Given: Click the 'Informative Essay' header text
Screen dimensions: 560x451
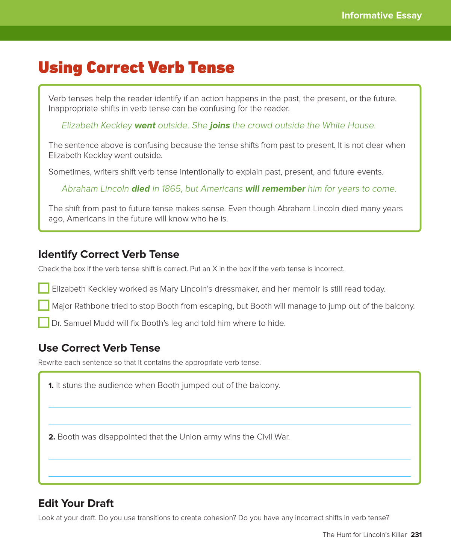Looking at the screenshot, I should point(381,15).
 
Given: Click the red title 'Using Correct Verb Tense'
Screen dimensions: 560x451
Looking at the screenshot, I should point(136,68).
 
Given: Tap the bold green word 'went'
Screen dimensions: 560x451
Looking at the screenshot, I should point(145,125).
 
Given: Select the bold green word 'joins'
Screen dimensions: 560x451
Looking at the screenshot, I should point(220,125).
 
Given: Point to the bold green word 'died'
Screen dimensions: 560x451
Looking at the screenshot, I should point(141,189).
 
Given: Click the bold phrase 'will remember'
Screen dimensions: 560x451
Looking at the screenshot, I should point(275,189).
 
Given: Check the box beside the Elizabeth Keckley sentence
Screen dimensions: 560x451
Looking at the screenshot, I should point(44,288).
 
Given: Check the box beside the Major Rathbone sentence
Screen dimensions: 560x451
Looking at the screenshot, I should point(44,306).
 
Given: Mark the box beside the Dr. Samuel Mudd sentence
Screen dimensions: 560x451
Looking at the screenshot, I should point(44,322).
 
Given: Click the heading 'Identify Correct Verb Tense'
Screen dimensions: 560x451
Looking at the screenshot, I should point(109,254).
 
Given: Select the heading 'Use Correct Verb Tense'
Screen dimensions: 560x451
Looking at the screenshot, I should point(99,348).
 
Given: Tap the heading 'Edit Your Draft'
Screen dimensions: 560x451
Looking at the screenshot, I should point(76,503).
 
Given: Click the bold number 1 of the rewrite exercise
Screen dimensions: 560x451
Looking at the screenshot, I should point(51,385).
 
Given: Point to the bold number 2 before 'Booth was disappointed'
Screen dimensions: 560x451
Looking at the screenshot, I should point(51,437).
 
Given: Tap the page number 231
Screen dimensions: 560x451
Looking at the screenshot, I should point(416,534).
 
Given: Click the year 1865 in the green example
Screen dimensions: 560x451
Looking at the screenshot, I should point(171,189).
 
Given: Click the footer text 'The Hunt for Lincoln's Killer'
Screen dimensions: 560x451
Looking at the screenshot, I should point(365,534).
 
